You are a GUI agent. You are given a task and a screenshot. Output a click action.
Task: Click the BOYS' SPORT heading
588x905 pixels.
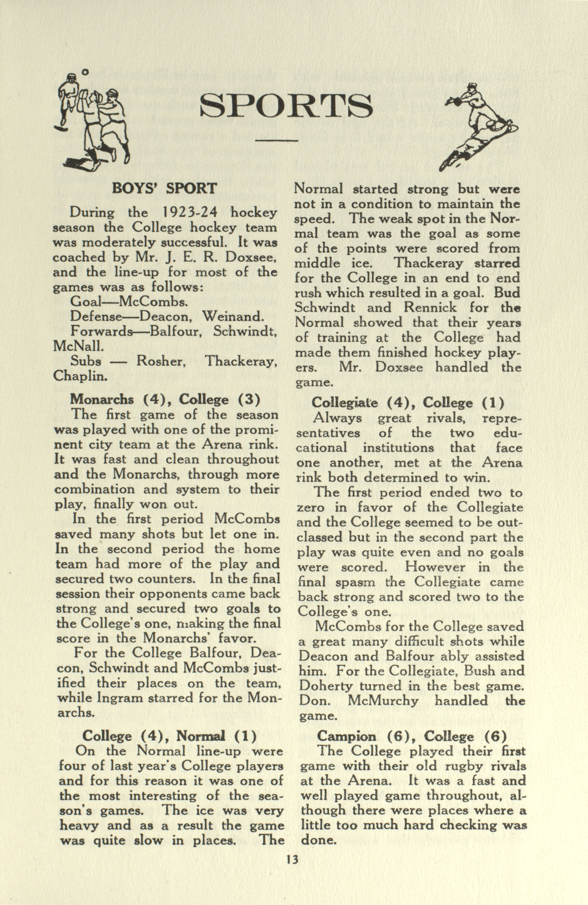164,189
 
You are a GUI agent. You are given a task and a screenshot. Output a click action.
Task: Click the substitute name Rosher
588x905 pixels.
161,361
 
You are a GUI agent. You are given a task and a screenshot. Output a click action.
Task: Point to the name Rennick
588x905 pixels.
430,307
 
